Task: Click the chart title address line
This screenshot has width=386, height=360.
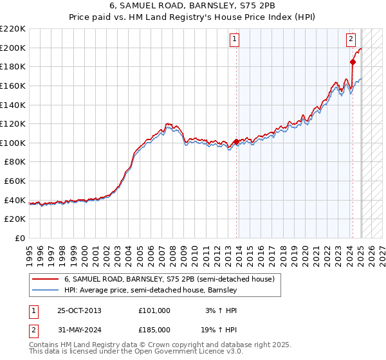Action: coord(192,6)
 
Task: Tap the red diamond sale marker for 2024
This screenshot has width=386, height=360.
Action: coord(353,62)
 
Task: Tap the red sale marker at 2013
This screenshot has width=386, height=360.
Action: coord(236,141)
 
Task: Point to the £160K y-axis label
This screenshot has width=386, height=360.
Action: coord(13,85)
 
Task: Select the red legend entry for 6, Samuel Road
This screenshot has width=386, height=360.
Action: coord(169,279)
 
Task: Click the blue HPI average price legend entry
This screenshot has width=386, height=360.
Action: coord(151,291)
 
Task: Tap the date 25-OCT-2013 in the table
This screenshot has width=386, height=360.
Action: coord(79,310)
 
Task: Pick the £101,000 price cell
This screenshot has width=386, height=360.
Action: coord(154,310)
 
